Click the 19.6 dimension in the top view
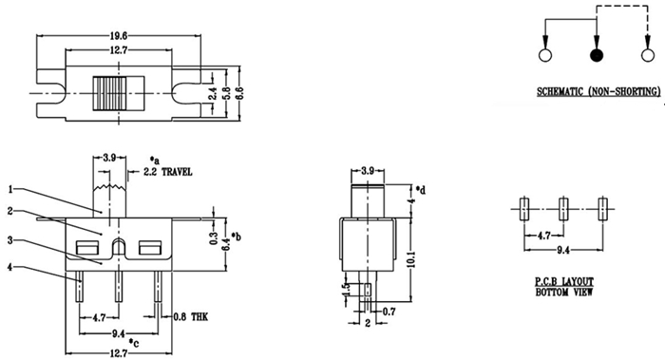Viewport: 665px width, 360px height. [x=118, y=35]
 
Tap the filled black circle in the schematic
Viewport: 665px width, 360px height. [x=597, y=55]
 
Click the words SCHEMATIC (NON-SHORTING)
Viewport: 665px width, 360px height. [x=598, y=91]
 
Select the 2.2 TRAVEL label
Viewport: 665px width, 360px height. [x=167, y=172]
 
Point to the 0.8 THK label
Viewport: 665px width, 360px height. [x=191, y=316]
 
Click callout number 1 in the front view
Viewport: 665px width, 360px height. [x=11, y=189]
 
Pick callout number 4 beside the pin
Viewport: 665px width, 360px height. [x=10, y=267]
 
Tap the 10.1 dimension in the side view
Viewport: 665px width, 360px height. [x=410, y=259]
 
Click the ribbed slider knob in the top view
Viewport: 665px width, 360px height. [x=110, y=93]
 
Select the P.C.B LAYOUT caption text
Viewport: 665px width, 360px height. [x=564, y=281]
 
